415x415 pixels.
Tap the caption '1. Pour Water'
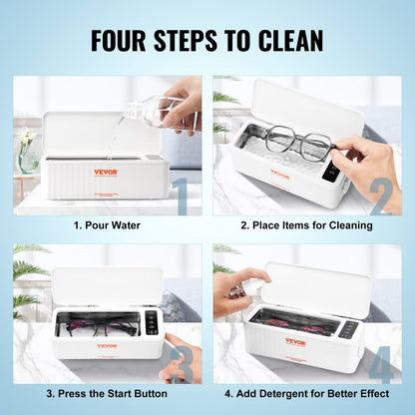tap(107, 225)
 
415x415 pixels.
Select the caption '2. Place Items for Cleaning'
tap(307, 225)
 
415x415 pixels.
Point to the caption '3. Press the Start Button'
tap(107, 393)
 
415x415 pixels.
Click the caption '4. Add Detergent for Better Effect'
tap(307, 393)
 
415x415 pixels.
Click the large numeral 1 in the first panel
tap(180, 196)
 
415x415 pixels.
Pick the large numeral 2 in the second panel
tap(380, 196)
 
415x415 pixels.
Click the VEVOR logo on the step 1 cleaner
tap(105, 172)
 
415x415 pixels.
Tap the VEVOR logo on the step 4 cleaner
tap(295, 342)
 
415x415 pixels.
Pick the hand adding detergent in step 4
tap(230, 289)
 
